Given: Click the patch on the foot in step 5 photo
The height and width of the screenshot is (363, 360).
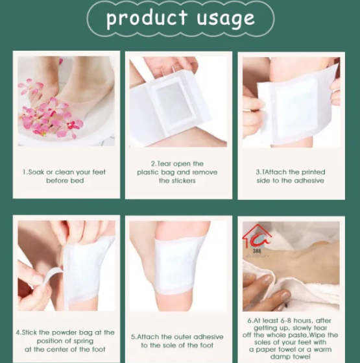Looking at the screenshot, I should [x=172, y=263].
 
